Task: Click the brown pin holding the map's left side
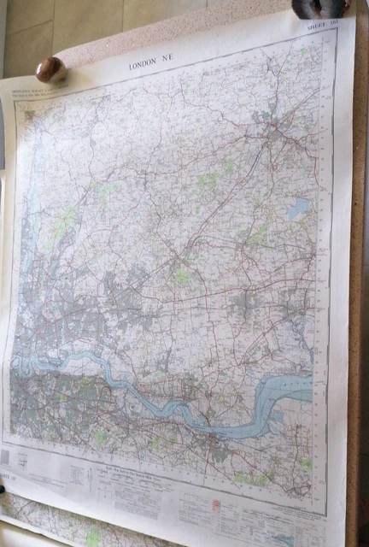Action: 50,68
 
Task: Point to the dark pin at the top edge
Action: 307,9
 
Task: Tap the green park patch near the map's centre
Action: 182,278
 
